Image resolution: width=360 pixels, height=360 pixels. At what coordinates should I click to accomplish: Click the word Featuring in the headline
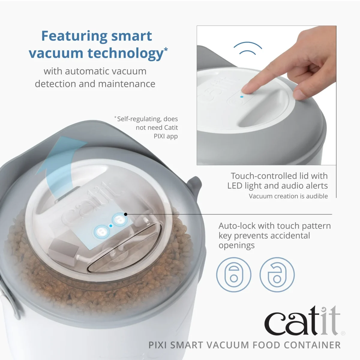tap(73, 36)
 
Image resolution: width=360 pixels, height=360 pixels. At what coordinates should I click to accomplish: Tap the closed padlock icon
tap(234, 275)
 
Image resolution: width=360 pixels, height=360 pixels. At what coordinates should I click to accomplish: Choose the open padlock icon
tap(277, 275)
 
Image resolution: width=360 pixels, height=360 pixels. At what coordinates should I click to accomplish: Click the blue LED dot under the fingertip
tap(242, 97)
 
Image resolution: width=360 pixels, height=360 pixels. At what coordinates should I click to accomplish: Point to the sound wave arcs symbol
tap(248, 48)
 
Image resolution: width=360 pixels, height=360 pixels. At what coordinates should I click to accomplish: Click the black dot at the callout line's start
tap(126, 214)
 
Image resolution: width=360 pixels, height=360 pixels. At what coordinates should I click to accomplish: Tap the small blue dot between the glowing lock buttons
tap(111, 226)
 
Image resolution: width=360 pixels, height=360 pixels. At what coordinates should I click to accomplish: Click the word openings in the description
tap(236, 245)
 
